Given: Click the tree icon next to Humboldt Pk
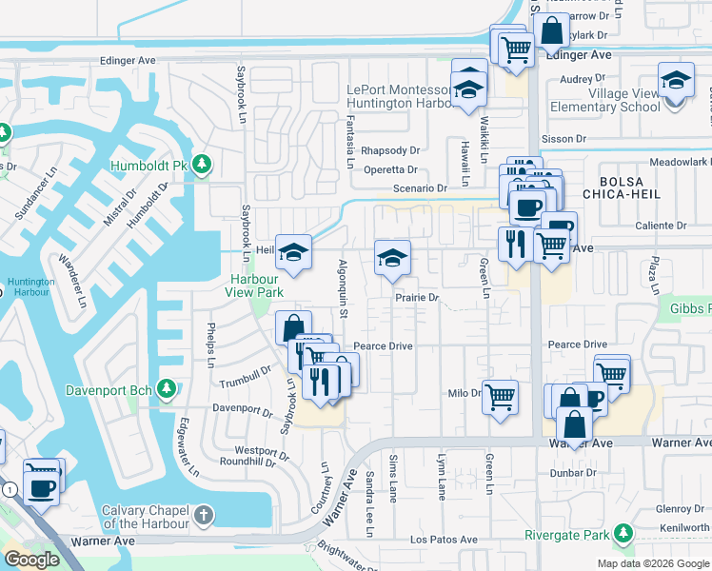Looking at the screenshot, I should point(201,166).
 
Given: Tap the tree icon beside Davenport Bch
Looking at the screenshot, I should point(166,389).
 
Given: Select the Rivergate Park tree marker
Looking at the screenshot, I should point(623,534).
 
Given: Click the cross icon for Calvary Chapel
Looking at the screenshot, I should point(202,516).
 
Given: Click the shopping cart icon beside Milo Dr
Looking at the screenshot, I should point(500,397).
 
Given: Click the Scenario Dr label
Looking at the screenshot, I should point(420,188).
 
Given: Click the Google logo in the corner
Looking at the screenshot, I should point(31,560).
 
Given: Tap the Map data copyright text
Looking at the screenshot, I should point(653,563).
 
